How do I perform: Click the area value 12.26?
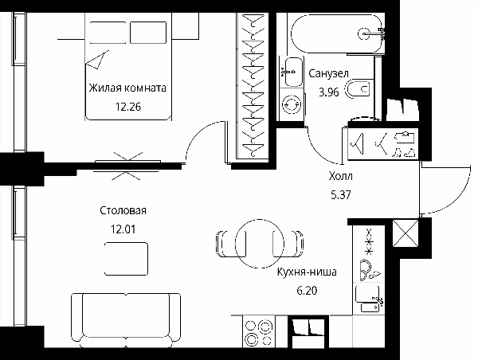point(128,107)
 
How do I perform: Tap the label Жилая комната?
point(127,88)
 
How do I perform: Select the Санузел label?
point(328,73)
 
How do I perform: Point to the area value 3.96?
point(329,92)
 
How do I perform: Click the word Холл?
point(341,176)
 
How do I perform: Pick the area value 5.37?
point(341,194)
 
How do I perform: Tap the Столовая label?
point(123,210)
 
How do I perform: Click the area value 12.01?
point(123,229)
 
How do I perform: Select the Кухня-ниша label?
point(307,272)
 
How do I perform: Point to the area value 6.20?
point(307,291)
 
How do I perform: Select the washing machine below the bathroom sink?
point(292,104)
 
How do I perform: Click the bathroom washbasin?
point(292,72)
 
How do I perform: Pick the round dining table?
point(260,244)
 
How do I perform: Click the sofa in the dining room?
point(126,320)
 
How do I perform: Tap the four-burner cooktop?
point(259,331)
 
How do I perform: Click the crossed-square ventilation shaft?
point(406,233)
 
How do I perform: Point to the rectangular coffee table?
point(126,259)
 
